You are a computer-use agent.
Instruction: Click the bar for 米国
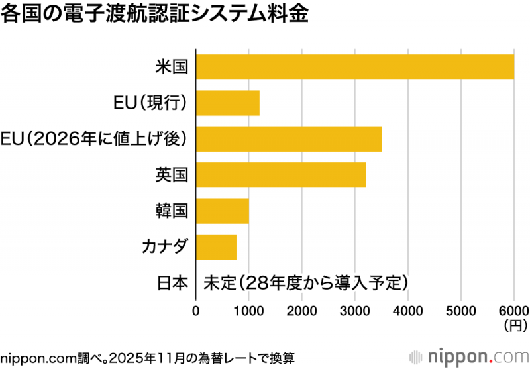355,66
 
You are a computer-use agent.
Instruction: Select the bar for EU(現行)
228,103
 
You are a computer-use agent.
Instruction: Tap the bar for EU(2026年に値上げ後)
289,138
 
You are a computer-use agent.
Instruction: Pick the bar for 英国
281,175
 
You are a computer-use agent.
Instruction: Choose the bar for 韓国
223,211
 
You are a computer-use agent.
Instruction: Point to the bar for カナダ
217,246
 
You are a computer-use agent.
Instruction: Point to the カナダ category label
165,246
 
